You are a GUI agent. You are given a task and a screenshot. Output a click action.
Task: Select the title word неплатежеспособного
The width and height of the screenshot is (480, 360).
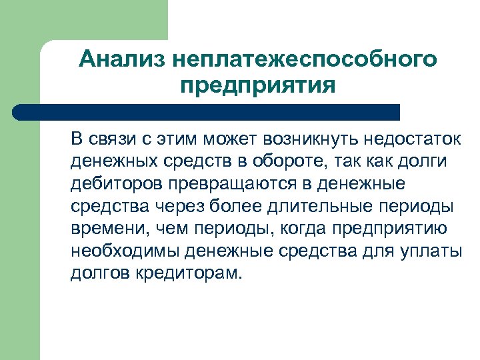click(x=305, y=60)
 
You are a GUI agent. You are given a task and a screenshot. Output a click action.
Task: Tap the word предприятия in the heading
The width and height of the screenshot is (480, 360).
click(x=257, y=87)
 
